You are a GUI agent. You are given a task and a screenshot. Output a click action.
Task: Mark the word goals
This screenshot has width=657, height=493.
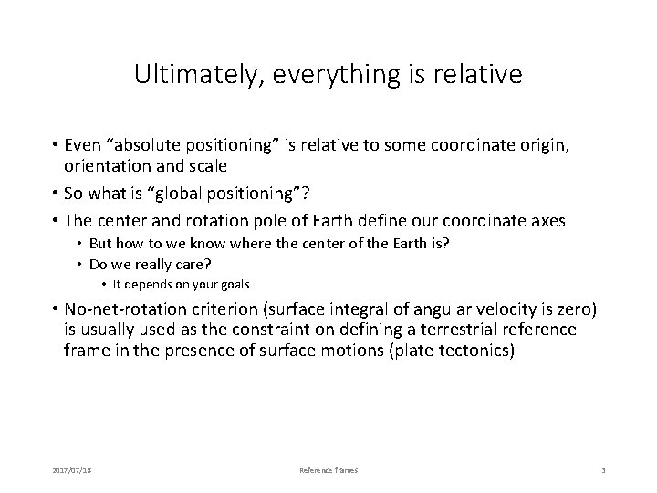click(232, 284)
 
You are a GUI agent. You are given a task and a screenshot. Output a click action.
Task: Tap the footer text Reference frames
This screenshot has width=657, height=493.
click(328, 470)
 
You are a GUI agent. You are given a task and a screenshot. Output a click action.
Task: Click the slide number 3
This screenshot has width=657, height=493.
click(604, 470)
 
